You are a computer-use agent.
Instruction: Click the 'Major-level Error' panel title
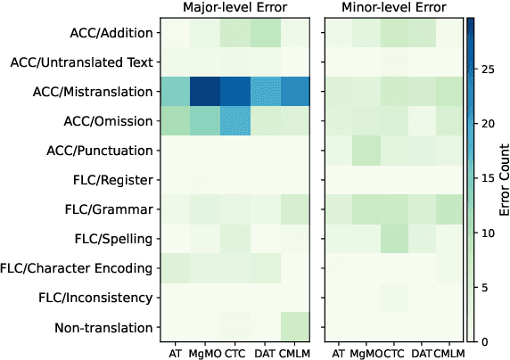coord(234,8)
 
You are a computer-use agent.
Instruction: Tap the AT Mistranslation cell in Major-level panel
coord(175,92)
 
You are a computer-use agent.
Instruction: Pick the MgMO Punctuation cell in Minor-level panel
coord(364,151)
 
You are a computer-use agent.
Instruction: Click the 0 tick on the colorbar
coord(482,341)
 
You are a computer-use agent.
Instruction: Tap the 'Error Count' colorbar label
coord(501,179)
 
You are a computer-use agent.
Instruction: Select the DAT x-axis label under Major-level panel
coord(264,352)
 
